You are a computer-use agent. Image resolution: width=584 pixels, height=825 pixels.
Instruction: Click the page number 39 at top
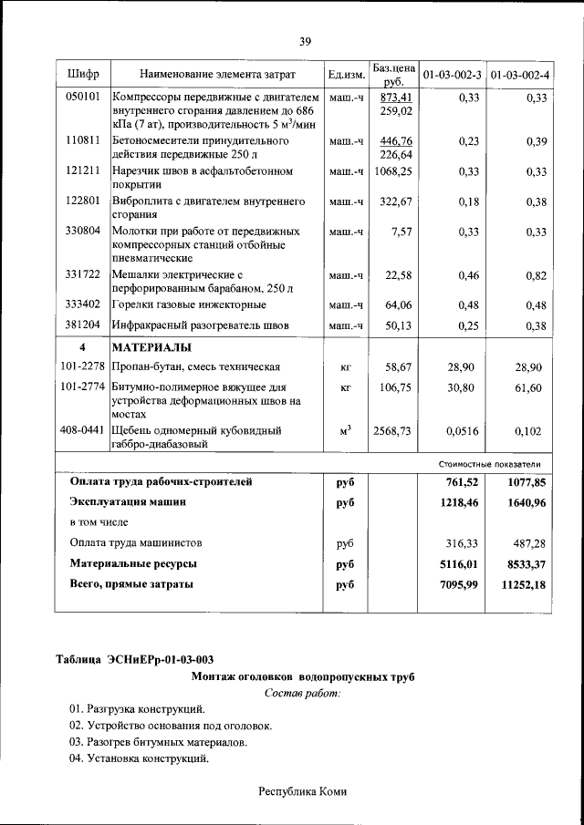click(305, 40)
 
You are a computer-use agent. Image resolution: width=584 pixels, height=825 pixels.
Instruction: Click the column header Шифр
click(83, 73)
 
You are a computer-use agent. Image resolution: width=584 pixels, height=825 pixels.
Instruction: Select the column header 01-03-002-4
click(520, 73)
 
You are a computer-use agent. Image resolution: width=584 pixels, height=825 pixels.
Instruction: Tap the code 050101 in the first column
click(83, 97)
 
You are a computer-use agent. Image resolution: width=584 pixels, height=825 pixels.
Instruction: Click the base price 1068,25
click(393, 170)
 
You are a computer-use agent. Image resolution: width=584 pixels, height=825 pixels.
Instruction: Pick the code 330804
click(83, 232)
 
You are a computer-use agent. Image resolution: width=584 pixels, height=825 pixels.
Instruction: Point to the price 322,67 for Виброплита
click(396, 201)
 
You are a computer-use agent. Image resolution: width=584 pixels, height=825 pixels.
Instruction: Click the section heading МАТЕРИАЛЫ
click(151, 347)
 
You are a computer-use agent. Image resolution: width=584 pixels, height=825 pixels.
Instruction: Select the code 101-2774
click(83, 387)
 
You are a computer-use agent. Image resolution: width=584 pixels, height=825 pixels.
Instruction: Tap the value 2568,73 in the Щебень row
click(393, 430)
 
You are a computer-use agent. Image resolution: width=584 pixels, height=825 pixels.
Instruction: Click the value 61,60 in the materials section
click(527, 387)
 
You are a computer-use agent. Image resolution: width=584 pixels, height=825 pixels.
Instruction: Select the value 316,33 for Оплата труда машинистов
click(461, 542)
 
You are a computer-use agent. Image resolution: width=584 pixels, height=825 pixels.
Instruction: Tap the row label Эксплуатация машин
click(129, 501)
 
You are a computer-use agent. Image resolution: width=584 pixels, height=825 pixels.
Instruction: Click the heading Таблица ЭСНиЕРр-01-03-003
click(135, 659)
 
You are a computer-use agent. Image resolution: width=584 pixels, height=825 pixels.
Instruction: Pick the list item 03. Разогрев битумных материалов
click(157, 742)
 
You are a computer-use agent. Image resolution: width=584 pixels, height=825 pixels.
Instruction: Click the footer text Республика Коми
click(303, 792)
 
